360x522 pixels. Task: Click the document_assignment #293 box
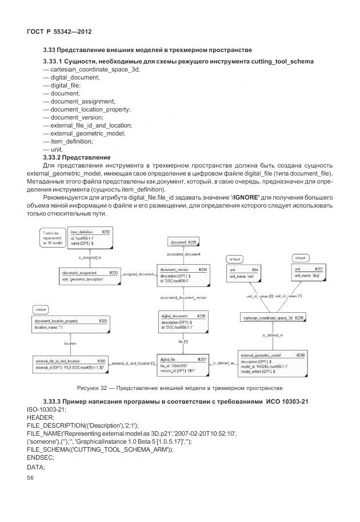tap(90, 277)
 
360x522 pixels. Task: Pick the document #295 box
tap(184, 242)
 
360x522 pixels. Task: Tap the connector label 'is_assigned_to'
tap(90, 258)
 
